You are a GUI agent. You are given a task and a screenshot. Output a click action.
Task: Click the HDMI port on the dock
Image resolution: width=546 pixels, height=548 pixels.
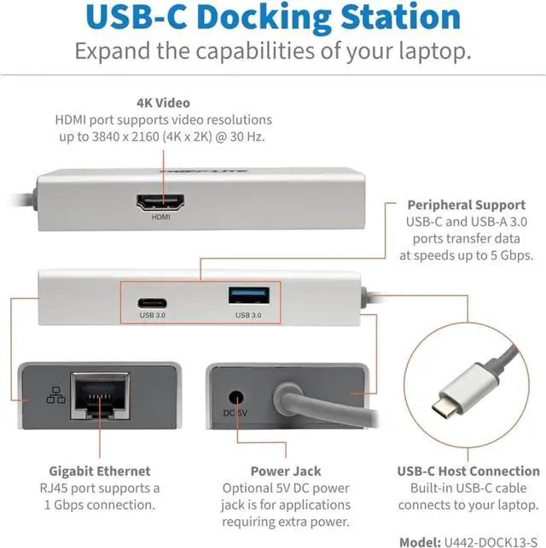(161, 203)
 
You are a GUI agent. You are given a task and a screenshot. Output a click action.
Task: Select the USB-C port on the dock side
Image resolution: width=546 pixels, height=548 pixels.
(153, 300)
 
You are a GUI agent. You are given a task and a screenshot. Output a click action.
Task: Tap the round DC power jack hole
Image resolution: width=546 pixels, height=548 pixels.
(236, 397)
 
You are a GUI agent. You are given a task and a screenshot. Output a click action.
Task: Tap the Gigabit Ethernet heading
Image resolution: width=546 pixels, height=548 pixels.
(101, 471)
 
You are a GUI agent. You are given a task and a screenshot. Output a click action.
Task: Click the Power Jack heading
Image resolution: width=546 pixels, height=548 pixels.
(286, 471)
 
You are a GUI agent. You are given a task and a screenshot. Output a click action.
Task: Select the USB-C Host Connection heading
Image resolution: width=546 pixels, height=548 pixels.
(468, 471)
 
